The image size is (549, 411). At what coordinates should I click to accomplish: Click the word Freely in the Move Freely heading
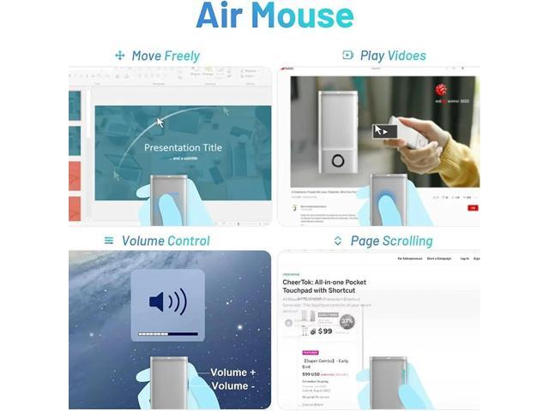click(183, 56)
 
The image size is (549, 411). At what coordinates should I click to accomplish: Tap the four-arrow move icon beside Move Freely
click(120, 56)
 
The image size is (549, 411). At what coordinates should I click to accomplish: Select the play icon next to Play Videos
click(347, 56)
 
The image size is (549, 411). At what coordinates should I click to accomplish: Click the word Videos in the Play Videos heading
click(406, 56)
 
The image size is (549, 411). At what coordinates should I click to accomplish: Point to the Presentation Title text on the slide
click(183, 147)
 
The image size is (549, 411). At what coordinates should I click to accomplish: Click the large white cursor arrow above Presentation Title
click(160, 122)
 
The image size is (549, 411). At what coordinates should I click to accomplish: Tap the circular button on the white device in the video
click(338, 160)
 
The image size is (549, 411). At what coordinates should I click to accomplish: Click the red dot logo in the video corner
click(441, 89)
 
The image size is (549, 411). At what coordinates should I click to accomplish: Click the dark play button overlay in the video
click(384, 131)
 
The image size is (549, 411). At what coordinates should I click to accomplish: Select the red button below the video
click(471, 207)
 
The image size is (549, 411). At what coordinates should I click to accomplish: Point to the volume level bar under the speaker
click(167, 333)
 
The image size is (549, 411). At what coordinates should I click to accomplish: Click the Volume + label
click(233, 372)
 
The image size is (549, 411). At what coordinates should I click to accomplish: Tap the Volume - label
click(230, 386)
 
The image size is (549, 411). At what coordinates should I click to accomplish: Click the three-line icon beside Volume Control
click(109, 241)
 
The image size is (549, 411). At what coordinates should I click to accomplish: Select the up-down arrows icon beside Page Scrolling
click(338, 241)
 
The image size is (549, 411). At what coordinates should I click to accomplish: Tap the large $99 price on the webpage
click(322, 331)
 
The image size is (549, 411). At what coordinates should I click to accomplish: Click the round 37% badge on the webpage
click(347, 322)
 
